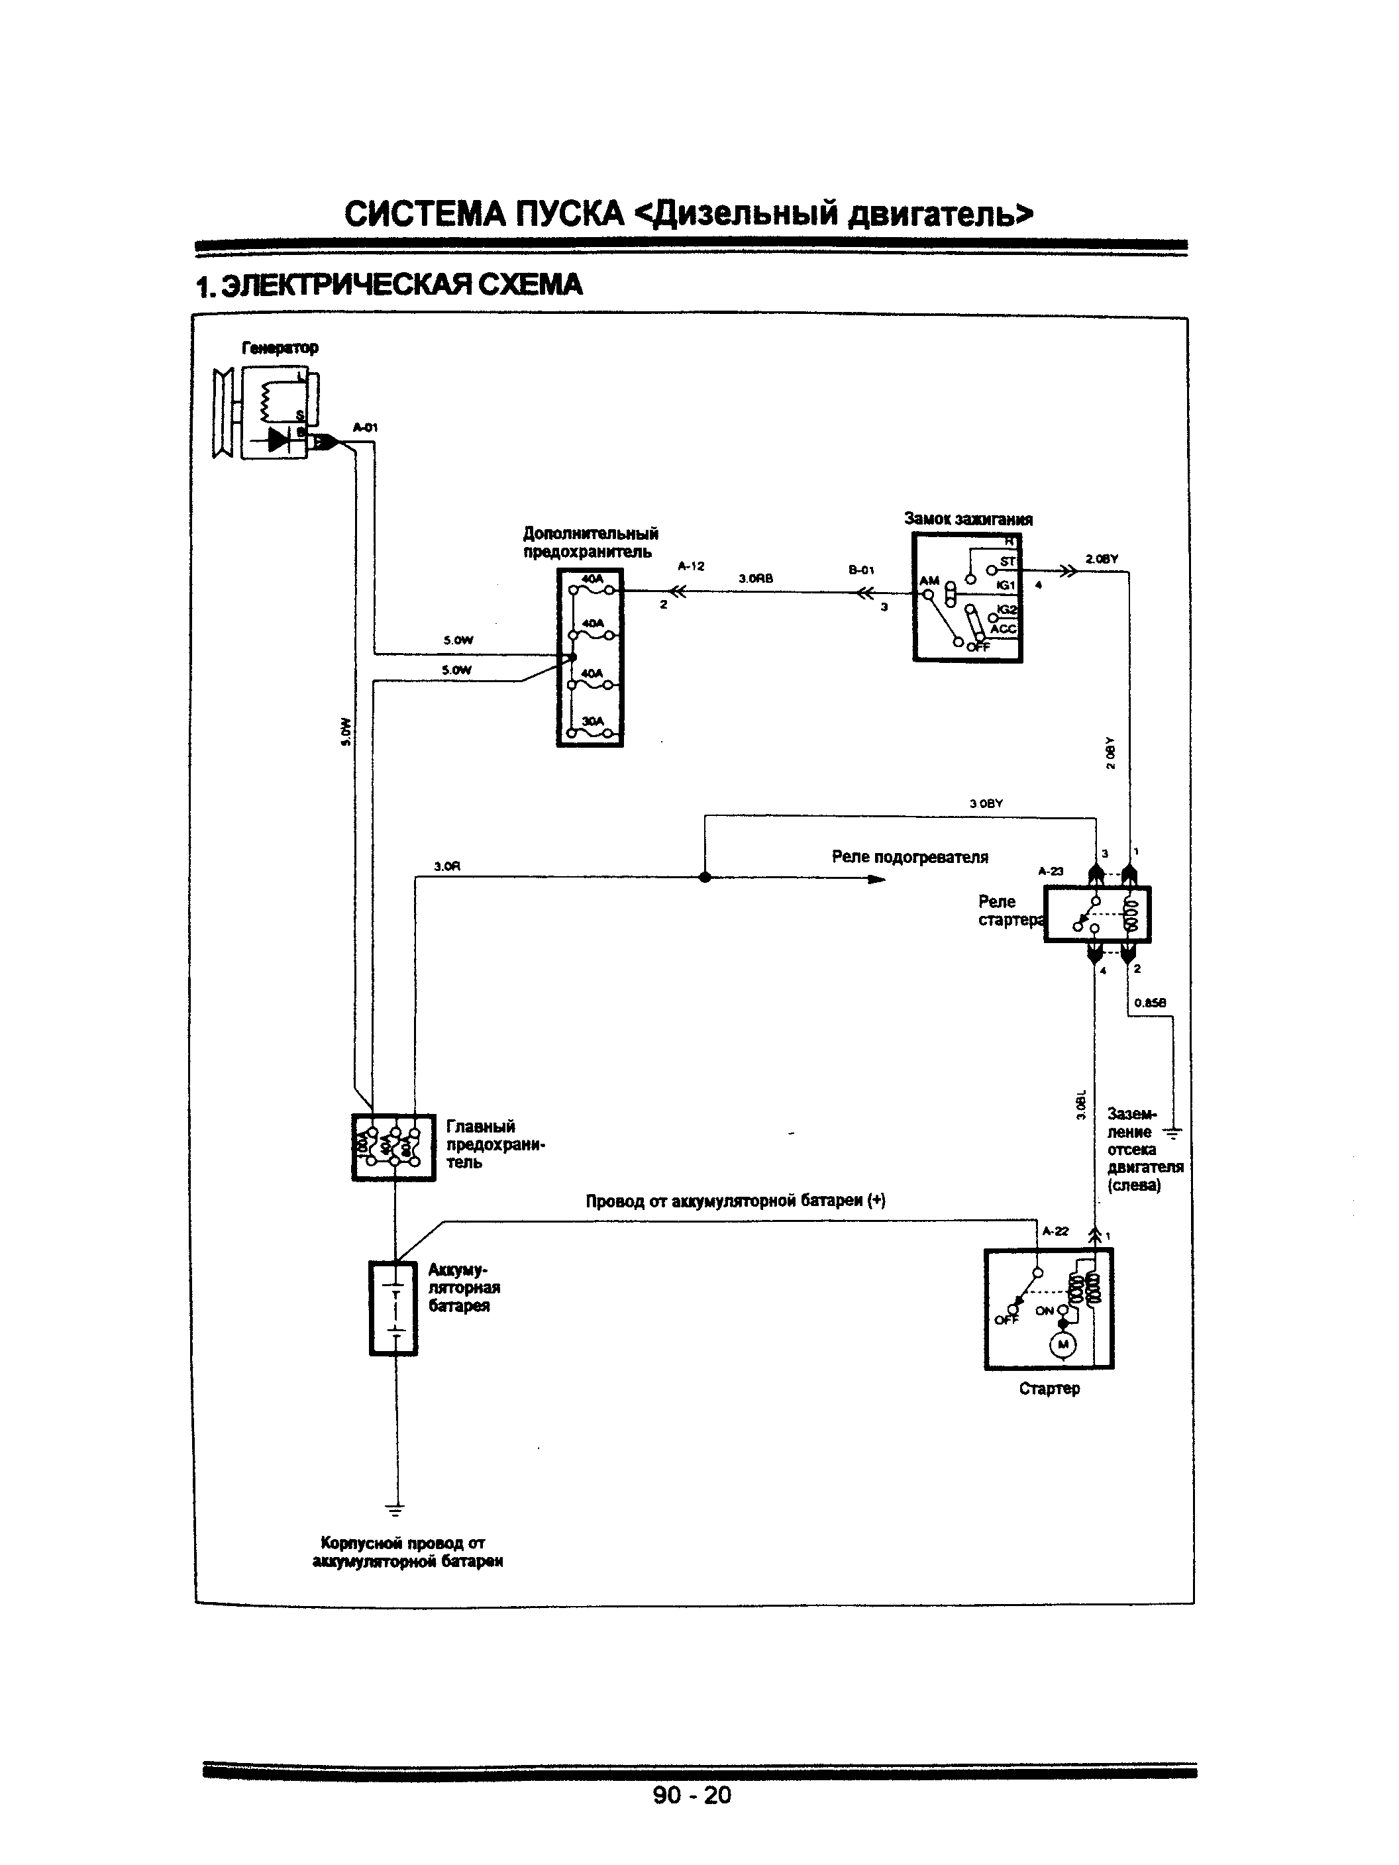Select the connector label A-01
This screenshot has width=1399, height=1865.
click(x=365, y=427)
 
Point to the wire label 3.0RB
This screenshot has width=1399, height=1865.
click(x=756, y=578)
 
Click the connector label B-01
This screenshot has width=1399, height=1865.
click(x=861, y=570)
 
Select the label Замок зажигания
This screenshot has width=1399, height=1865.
click(x=968, y=519)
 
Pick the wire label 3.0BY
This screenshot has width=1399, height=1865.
click(x=986, y=803)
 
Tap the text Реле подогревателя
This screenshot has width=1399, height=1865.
click(x=910, y=858)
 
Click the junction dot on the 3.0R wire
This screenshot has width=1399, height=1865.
click(x=705, y=877)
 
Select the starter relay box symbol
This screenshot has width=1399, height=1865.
click(x=1096, y=914)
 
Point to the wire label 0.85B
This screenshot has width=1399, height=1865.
click(x=1149, y=1003)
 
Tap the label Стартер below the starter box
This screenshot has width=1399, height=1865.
click(x=1049, y=1389)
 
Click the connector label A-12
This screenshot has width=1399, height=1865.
click(x=691, y=566)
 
